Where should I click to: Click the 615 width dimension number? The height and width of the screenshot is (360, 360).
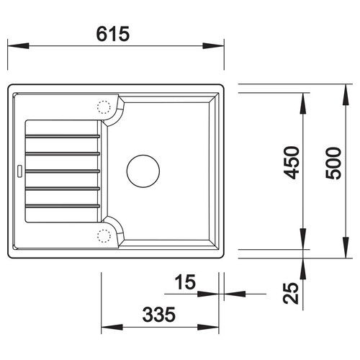[113, 34]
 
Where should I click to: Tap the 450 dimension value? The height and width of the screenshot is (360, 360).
[292, 163]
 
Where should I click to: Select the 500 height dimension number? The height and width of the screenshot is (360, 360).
[333, 163]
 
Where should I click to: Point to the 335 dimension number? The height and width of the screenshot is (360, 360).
[159, 315]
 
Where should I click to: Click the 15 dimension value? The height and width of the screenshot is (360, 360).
[185, 282]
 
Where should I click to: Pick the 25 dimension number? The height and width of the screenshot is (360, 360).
[291, 293]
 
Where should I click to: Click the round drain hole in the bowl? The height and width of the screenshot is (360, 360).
[143, 171]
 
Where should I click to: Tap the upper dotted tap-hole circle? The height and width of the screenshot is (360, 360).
[104, 107]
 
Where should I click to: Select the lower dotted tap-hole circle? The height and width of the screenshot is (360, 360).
[104, 236]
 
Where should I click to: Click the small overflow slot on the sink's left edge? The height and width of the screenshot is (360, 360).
[19, 171]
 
